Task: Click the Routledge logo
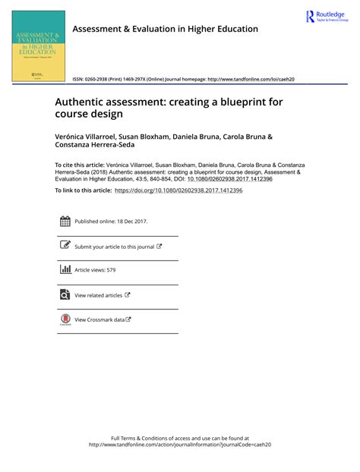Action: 327,17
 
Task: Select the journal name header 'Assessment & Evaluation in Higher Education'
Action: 165,29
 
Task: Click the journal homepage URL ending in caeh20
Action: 251,79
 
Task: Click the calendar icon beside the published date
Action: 64,222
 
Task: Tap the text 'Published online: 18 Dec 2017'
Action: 111,222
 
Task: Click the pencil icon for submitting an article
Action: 64,246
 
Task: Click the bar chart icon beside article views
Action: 64,269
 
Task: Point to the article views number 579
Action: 110,270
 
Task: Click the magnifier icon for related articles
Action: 64,295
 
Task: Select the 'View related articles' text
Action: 98,295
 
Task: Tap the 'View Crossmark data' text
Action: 99,319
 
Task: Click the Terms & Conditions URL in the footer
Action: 179,445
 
